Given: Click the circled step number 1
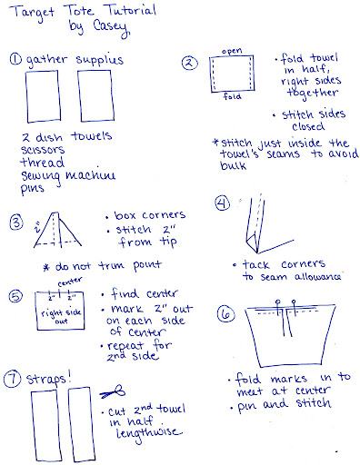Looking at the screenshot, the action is [15, 59].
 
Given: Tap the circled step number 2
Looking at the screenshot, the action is [189, 64].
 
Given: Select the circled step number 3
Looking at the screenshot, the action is [16, 223].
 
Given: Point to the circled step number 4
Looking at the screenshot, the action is [223, 203].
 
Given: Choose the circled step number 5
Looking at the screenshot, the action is [15, 296].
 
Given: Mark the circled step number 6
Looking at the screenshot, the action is [226, 314].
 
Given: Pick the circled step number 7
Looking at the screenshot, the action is [12, 380].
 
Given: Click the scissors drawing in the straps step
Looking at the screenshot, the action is [113, 391].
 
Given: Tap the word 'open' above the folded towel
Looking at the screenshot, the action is [232, 51].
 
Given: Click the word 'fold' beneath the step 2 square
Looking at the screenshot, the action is [232, 96].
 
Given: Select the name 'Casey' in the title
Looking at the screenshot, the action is [111, 27].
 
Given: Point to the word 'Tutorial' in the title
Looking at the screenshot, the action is [131, 11].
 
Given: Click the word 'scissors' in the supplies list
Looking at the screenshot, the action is [43, 150].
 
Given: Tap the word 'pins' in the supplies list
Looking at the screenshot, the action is [32, 188].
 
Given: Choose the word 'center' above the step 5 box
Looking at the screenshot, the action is [70, 282].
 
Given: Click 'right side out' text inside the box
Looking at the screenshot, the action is [61, 316].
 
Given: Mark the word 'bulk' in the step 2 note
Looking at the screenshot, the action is [233, 165].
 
